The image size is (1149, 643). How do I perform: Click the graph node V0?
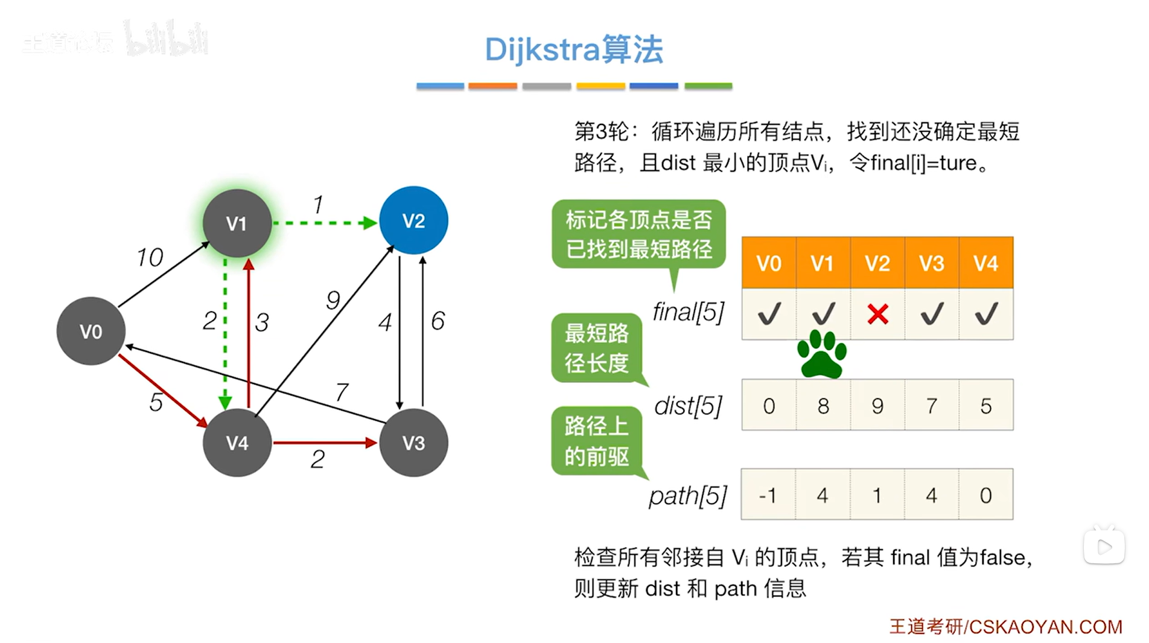click(x=91, y=331)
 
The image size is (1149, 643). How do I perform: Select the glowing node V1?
click(x=237, y=223)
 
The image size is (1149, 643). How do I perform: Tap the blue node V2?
click(x=413, y=220)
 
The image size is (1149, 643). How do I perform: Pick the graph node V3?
click(x=413, y=443)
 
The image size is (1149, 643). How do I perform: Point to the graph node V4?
click(x=237, y=443)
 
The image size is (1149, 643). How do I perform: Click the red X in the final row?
click(x=877, y=314)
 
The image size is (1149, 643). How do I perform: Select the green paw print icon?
click(x=822, y=354)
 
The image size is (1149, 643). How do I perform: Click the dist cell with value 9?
click(x=877, y=406)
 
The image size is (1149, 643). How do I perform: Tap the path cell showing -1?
click(x=768, y=495)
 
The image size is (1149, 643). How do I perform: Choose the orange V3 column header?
click(x=932, y=263)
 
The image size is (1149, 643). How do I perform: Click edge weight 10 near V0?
click(x=150, y=258)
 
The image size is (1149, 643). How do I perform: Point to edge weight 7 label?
click(x=342, y=392)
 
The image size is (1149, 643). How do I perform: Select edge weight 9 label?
click(x=333, y=300)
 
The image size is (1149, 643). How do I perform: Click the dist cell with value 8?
click(x=823, y=406)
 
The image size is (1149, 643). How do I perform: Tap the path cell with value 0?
click(x=986, y=495)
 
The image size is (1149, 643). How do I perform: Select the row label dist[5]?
click(x=689, y=406)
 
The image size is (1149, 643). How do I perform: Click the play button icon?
click(x=1104, y=547)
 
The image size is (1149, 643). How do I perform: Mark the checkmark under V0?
click(x=769, y=314)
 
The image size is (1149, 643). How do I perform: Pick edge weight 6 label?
click(x=438, y=321)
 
